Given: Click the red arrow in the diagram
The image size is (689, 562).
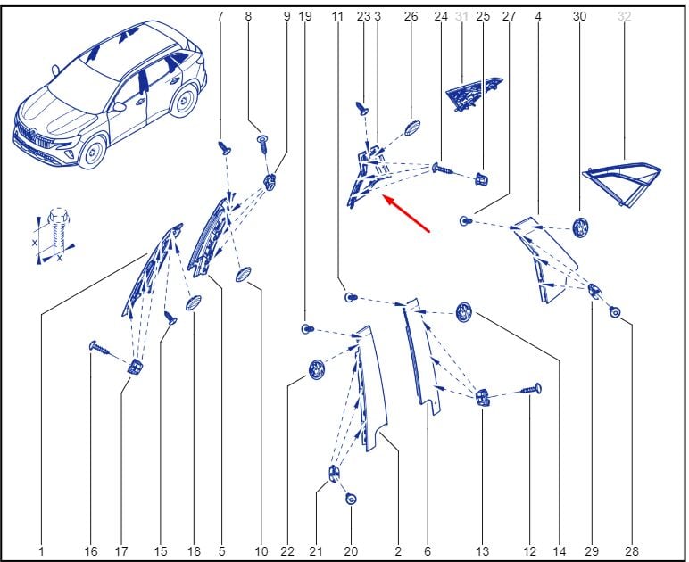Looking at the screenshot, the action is pyautogui.click(x=406, y=214).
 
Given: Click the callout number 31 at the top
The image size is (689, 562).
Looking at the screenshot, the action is pyautogui.click(x=461, y=17).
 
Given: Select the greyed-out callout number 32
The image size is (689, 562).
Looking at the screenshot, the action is pyautogui.click(x=625, y=17).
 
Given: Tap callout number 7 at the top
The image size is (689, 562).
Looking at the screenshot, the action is pyautogui.click(x=220, y=17).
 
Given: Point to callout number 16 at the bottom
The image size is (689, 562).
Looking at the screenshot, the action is pyautogui.click(x=90, y=551).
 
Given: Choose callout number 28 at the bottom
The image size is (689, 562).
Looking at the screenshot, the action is pyautogui.click(x=632, y=551).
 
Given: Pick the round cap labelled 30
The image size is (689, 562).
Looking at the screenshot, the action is pyautogui.click(x=580, y=227).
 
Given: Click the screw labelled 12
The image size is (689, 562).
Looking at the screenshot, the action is pyautogui.click(x=531, y=389).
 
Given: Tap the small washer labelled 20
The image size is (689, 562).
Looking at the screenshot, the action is pyautogui.click(x=351, y=499).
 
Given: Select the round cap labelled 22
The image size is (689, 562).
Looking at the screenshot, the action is pyautogui.click(x=316, y=369).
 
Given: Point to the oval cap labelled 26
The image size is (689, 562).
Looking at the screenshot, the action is pyautogui.click(x=412, y=128).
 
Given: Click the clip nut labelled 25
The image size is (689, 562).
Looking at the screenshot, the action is pyautogui.click(x=482, y=178).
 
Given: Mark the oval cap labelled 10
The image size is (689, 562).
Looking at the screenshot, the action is pyautogui.click(x=243, y=275).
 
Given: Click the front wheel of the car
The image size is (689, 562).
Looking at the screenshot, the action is pyautogui.click(x=92, y=152).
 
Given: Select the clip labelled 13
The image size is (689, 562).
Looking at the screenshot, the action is pyautogui.click(x=482, y=397).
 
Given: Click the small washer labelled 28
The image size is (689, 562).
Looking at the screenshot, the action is pyautogui.click(x=615, y=312).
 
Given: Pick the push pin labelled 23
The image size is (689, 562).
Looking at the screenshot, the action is pyautogui.click(x=362, y=108).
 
